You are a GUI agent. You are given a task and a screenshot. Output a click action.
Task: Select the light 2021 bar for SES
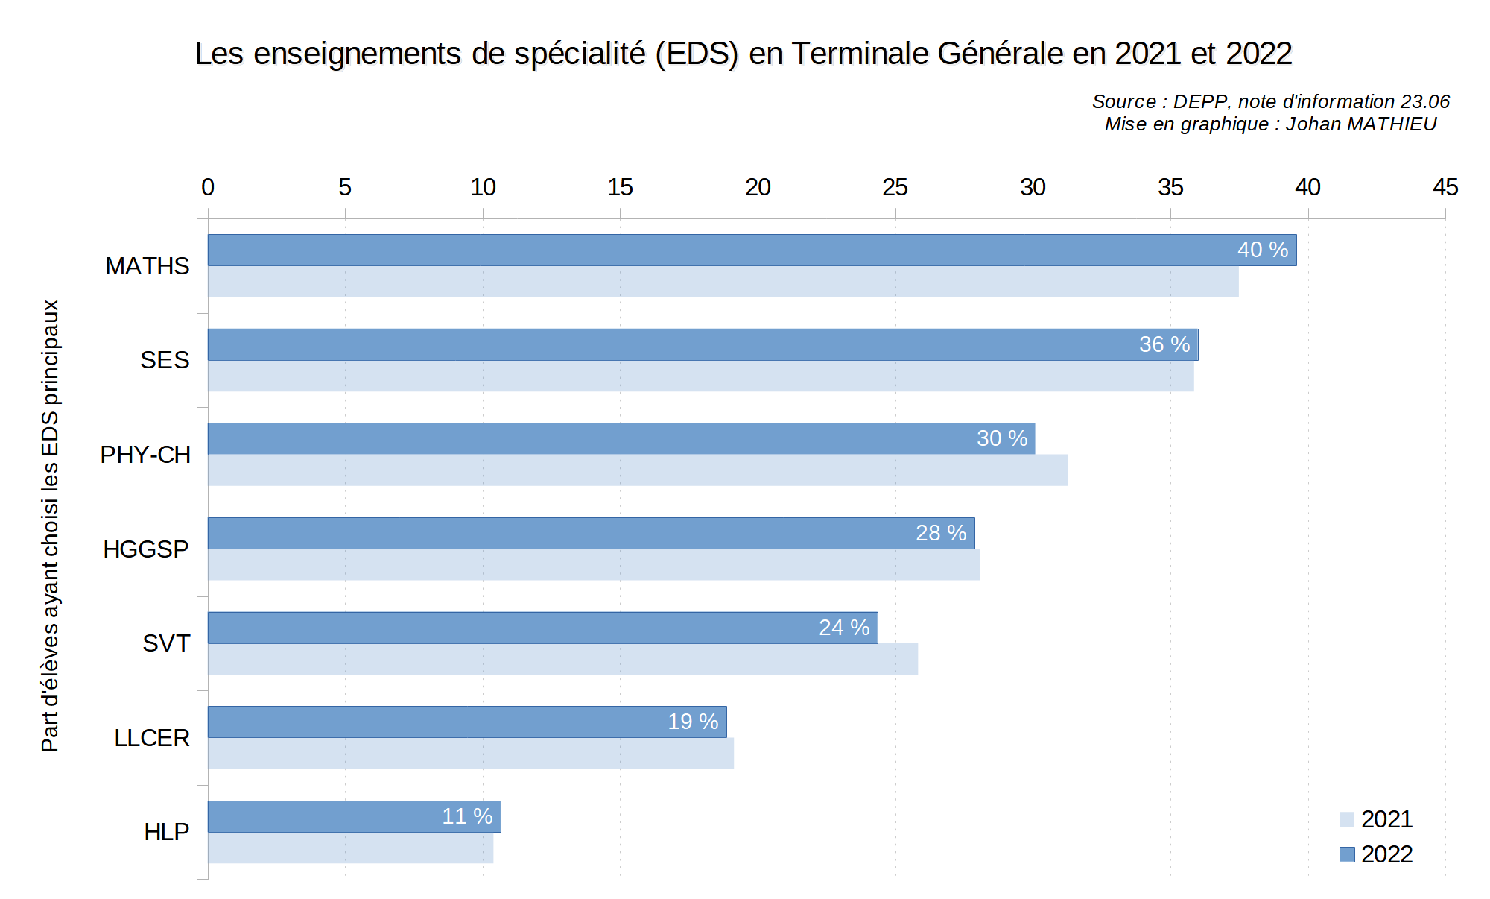click(x=700, y=376)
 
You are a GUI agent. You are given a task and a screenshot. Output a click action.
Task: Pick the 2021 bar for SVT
click(x=562, y=659)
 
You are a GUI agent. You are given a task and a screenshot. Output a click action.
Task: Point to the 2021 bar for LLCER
click(x=471, y=754)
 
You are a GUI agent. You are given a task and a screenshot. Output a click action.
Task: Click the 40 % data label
click(x=1263, y=250)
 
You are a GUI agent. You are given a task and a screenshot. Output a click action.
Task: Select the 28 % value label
click(x=941, y=533)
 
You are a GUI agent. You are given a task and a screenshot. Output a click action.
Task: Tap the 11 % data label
click(x=467, y=816)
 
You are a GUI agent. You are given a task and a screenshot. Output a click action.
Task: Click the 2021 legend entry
click(x=1376, y=819)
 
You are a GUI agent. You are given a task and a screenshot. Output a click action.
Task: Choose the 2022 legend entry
click(x=1376, y=854)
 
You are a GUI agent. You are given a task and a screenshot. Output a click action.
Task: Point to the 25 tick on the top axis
click(x=895, y=187)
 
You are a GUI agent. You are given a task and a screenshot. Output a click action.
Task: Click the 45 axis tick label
click(x=1445, y=187)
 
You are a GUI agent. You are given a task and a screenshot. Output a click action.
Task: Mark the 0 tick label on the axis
click(x=208, y=187)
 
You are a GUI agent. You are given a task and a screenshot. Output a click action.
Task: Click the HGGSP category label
click(x=146, y=549)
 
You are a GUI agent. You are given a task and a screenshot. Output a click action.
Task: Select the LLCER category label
click(x=152, y=738)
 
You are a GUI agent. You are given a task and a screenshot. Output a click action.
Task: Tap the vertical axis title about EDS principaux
click(x=50, y=526)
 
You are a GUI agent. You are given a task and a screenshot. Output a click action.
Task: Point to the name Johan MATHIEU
click(x=1361, y=124)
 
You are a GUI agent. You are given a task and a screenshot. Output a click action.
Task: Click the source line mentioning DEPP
click(x=1270, y=101)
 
